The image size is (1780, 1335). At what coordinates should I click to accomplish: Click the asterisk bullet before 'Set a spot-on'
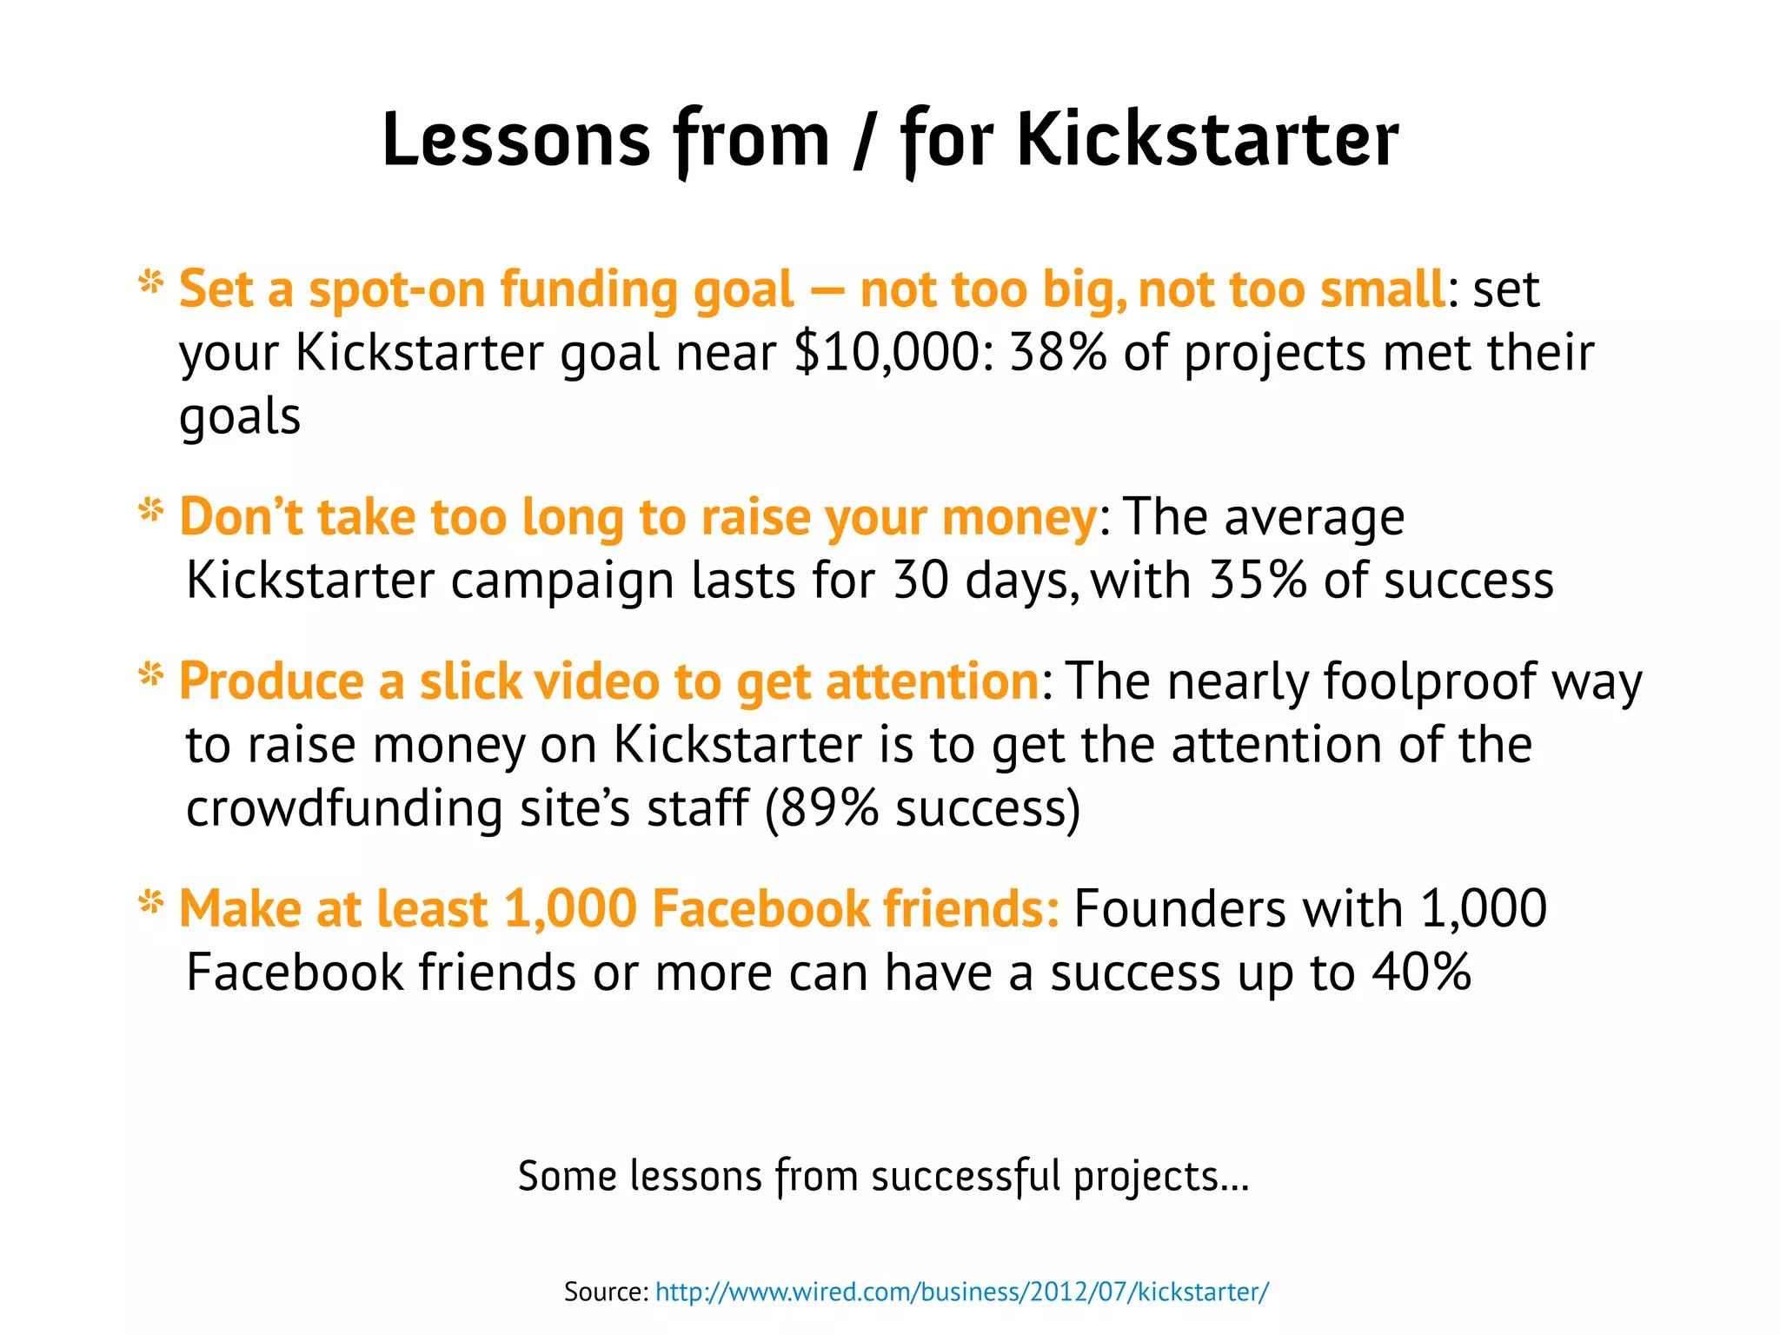point(151,282)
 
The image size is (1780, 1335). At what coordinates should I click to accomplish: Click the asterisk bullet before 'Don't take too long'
point(151,511)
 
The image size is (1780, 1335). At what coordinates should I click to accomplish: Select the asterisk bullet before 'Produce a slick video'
point(151,674)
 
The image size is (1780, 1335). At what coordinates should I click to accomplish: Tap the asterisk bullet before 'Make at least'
point(151,903)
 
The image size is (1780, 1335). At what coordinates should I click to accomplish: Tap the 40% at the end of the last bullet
point(1422,972)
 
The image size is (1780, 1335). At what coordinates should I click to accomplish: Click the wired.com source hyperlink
point(961,1292)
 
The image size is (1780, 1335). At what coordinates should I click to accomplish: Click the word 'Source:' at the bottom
point(606,1292)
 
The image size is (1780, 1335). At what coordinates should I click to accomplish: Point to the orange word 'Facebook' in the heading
point(760,908)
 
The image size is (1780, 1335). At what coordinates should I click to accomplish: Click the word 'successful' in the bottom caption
point(966,1177)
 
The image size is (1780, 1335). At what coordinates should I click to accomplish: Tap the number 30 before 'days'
point(921,581)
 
